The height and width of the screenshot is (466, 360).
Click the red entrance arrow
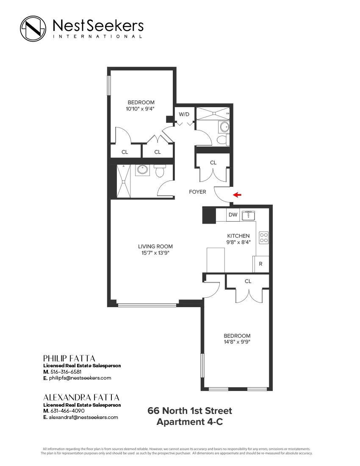pyautogui.click(x=238, y=195)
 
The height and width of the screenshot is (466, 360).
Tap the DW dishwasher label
pyautogui.click(x=233, y=215)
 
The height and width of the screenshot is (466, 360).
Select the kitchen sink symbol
pyautogui.click(x=248, y=215)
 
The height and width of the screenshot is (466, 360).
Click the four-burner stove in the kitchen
pyautogui.click(x=264, y=237)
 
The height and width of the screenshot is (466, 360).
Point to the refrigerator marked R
pyautogui.click(x=260, y=264)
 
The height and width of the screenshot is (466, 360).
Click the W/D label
pyautogui.click(x=184, y=114)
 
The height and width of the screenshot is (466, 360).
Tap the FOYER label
pyautogui.click(x=197, y=192)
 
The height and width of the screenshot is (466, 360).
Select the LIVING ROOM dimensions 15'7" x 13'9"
pyautogui.click(x=155, y=253)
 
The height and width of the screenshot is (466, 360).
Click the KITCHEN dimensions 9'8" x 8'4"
pyautogui.click(x=238, y=242)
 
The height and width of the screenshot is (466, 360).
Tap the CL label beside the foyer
pyautogui.click(x=213, y=163)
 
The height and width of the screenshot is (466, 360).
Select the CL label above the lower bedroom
pyautogui.click(x=248, y=281)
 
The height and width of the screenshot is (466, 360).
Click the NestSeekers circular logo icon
pyautogui.click(x=33, y=28)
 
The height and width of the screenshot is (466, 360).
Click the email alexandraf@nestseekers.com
pyautogui.click(x=83, y=417)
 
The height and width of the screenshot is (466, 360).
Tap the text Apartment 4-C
pyautogui.click(x=189, y=422)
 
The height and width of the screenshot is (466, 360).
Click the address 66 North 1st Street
pyautogui.click(x=189, y=411)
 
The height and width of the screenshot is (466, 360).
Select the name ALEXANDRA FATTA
pyautogui.click(x=81, y=397)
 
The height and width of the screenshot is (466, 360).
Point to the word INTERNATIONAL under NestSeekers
pyautogui.click(x=97, y=37)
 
